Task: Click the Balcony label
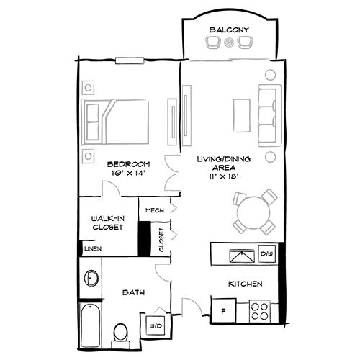click(229, 30)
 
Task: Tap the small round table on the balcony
click(229, 43)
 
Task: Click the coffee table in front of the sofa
click(243, 115)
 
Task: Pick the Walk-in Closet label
click(106, 221)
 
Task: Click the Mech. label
click(155, 210)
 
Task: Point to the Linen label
click(91, 248)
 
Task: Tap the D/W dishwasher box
click(267, 254)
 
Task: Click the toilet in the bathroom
click(121, 331)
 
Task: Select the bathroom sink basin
click(91, 279)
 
